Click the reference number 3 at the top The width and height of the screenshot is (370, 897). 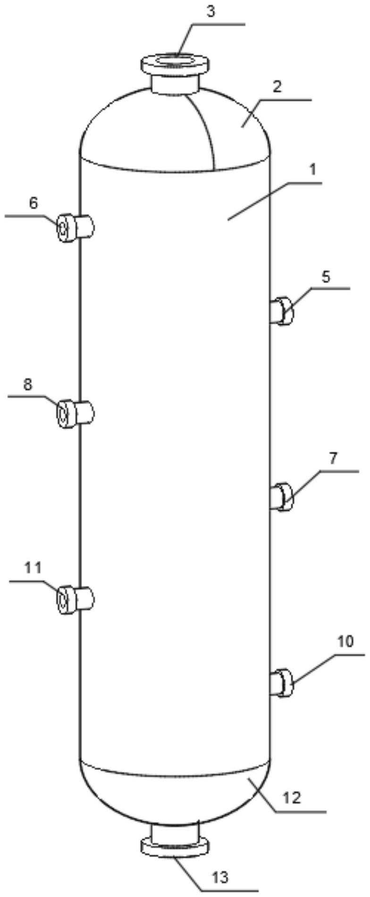click(211, 12)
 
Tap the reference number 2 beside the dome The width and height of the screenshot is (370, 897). click(277, 87)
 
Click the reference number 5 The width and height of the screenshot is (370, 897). click(326, 277)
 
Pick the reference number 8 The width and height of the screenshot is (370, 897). click(28, 385)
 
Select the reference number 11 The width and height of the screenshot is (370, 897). click(33, 567)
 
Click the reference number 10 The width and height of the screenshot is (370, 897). click(345, 641)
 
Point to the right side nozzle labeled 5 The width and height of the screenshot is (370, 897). click(282, 311)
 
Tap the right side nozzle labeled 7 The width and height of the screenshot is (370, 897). click(282, 497)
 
